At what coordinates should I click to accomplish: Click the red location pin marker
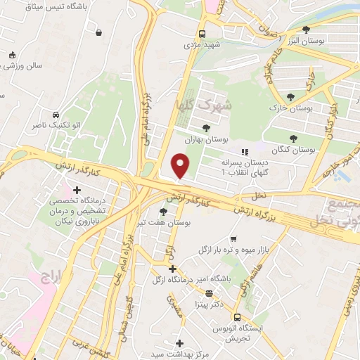pyautogui.click(x=181, y=166)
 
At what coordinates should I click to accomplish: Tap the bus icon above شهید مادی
pyautogui.click(x=202, y=34)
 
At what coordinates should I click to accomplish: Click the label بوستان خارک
pyautogui.click(x=290, y=110)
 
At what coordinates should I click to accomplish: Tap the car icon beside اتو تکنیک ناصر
pyautogui.click(x=55, y=115)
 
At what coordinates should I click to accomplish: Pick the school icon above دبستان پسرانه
pyautogui.click(x=244, y=152)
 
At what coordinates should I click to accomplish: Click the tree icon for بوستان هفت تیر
pyautogui.click(x=164, y=211)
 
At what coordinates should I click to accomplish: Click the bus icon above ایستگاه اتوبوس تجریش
pyautogui.click(x=236, y=317)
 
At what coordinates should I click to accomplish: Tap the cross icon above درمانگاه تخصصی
pyautogui.click(x=77, y=190)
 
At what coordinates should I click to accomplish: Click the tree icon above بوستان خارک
pyautogui.click(x=290, y=97)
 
